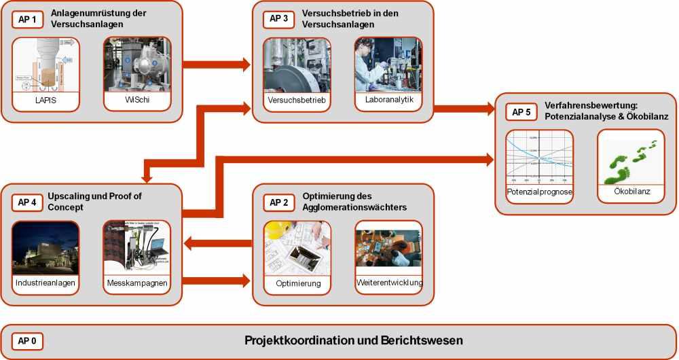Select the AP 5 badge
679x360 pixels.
521,112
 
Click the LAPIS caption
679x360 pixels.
45,102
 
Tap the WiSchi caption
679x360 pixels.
136,101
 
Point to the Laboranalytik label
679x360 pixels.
388,101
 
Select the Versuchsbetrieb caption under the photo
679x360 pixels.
297,102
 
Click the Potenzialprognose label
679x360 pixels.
540,192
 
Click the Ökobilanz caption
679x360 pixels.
631,192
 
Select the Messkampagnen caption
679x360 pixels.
136,282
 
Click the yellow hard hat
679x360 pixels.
274,230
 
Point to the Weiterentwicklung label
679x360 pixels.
388,282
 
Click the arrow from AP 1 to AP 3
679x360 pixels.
217,65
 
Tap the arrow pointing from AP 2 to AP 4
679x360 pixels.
217,242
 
